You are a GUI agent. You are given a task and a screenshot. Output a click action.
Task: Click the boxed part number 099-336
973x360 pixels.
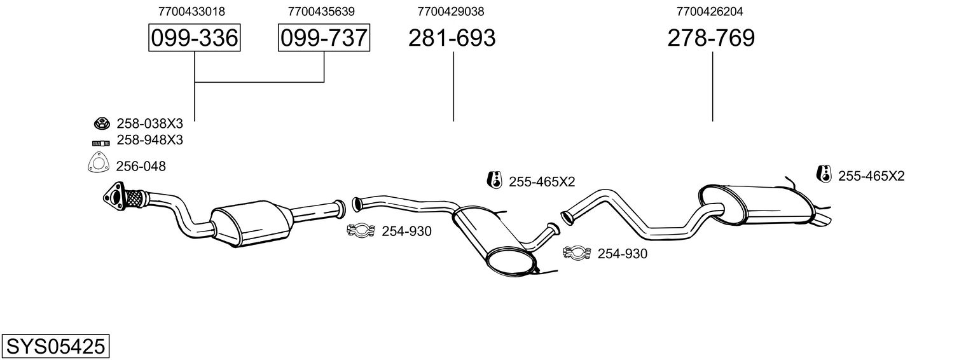pos(194,38)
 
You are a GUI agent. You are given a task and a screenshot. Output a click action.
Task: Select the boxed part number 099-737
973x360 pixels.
pos(324,38)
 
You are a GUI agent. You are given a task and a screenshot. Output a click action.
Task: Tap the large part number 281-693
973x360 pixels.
pos(452,38)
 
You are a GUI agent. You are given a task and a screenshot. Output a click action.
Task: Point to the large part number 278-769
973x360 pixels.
pos(711,38)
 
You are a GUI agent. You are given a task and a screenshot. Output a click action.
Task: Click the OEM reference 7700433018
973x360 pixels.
pos(191,11)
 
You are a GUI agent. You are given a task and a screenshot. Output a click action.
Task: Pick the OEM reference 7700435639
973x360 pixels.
pos(321,11)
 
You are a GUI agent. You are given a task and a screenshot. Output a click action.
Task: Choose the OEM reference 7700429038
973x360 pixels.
pos(451,11)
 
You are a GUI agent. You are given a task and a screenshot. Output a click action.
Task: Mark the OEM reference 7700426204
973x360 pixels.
pos(710,11)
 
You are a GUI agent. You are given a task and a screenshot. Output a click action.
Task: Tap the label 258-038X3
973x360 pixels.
pos(149,123)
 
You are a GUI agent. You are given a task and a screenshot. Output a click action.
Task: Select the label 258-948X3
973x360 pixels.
pos(149,141)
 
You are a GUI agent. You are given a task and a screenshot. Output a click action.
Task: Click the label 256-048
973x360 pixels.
pos(141,167)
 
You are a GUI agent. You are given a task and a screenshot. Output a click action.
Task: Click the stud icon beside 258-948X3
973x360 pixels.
pos(99,141)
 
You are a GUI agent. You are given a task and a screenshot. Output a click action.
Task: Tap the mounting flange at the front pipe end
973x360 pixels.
pos(114,196)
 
